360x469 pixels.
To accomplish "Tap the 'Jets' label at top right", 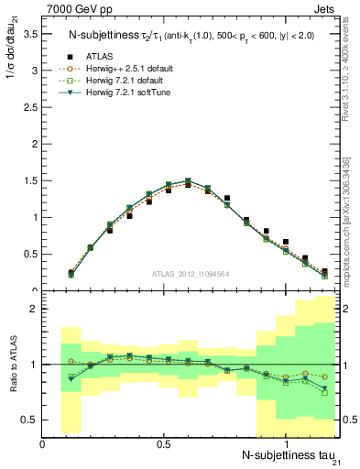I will click(x=327, y=8).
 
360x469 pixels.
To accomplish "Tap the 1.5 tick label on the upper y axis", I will click(x=31, y=180).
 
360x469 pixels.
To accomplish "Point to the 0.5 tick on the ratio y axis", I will click(x=31, y=420).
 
